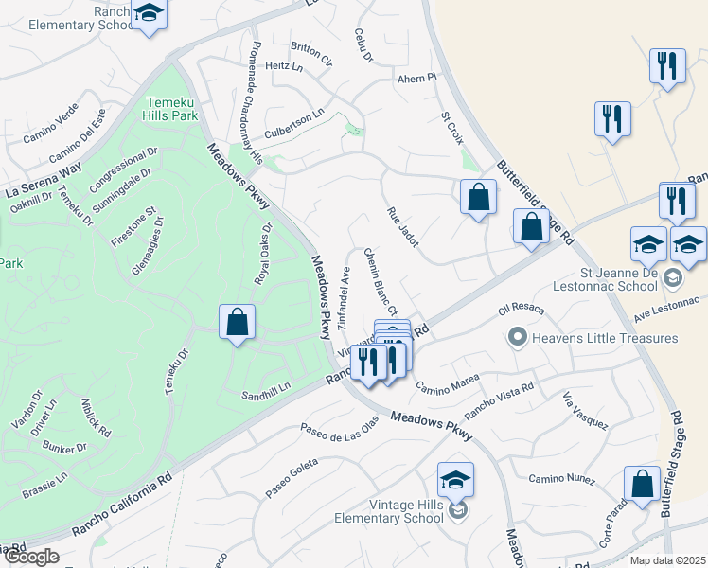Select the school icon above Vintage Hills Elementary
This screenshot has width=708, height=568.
click(455, 480)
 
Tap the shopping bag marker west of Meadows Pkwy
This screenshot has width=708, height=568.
click(237, 322)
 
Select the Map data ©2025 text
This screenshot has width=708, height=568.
click(667, 560)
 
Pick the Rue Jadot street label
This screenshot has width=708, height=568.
click(402, 228)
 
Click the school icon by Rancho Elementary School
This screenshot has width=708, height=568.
click(149, 14)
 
